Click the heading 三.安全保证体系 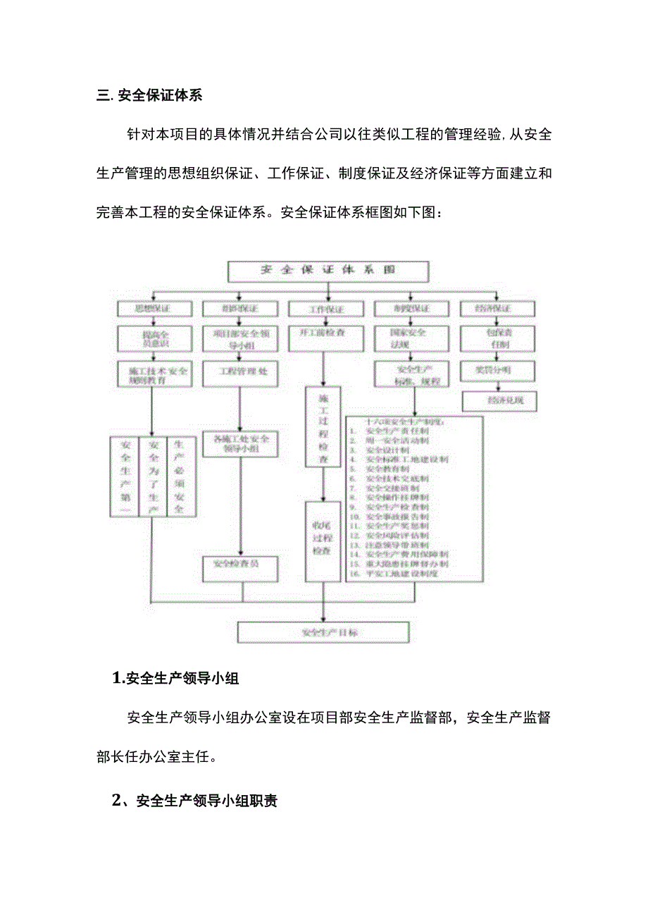[x=149, y=95]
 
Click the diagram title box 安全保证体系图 [x=328, y=271]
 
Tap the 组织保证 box [x=239, y=309]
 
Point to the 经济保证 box [x=497, y=309]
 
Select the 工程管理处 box [x=239, y=371]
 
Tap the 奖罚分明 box [x=497, y=369]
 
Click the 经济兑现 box [x=499, y=401]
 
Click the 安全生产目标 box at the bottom [x=323, y=632]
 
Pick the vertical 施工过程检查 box [x=323, y=426]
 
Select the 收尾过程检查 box [x=323, y=541]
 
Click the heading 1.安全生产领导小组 [x=176, y=679]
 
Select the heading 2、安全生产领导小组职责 [x=195, y=801]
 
